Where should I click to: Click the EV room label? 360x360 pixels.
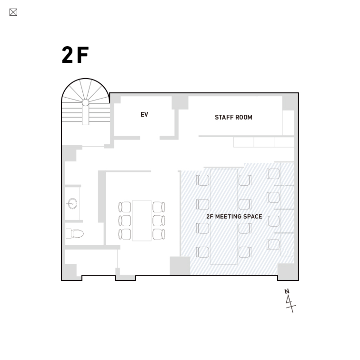coord(144,114)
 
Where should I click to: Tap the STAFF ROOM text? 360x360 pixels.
coord(233,117)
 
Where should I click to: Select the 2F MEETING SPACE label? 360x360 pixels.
coord(234,217)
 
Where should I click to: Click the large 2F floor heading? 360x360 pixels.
coord(75,55)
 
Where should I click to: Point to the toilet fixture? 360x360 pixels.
coord(75,234)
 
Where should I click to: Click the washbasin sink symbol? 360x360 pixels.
coord(72,203)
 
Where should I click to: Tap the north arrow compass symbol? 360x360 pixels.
coord(290,301)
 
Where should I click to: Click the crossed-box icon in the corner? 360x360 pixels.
coord(13,12)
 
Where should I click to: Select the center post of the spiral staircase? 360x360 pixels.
coord(85,103)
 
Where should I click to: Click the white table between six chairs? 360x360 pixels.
coord(141,220)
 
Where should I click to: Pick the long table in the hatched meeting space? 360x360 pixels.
coord(224,217)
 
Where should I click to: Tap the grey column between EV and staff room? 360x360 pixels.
coord(180,103)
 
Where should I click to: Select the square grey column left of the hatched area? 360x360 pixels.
coord(180,266)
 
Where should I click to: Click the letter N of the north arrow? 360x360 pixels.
coord(287,291)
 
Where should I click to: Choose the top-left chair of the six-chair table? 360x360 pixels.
coord(125,207)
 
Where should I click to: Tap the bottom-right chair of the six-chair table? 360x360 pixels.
coord(159,234)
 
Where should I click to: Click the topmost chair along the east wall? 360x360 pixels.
coord(273,173)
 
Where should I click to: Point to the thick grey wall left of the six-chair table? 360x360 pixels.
coord(102,197)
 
